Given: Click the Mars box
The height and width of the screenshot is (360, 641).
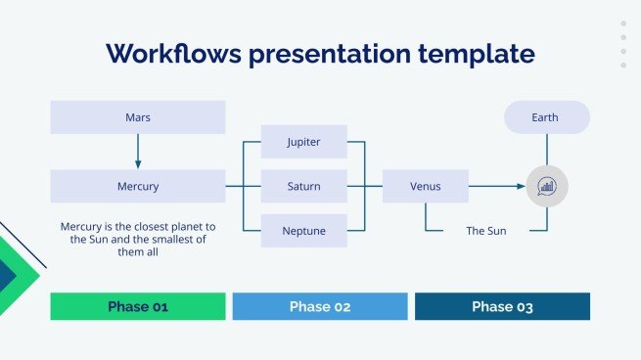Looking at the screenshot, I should [x=138, y=117].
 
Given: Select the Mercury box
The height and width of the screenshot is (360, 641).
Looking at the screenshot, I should [x=138, y=186].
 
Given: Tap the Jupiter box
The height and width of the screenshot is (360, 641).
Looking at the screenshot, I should [x=303, y=142].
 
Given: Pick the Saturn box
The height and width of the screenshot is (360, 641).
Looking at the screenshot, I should [x=303, y=186].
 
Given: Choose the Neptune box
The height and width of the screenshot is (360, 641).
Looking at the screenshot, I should [x=303, y=231].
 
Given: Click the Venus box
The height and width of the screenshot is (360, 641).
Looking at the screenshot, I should [x=425, y=186].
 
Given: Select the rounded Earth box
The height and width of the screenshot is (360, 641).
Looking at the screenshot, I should [x=546, y=117].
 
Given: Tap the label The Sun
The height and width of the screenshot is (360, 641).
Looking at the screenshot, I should [x=485, y=231].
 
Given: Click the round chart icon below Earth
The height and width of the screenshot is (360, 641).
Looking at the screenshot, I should [x=546, y=186].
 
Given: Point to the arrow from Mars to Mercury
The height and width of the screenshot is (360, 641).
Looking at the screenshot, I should [x=138, y=152].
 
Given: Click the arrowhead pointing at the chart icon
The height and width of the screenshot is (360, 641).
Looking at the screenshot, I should [x=521, y=186].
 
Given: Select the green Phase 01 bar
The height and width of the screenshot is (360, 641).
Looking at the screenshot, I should [x=138, y=306].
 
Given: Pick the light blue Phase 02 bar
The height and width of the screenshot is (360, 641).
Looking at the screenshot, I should [x=320, y=306].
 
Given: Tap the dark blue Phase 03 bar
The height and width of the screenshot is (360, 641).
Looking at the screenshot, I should [x=502, y=306].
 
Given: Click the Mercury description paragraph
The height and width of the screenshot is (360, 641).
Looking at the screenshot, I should [x=138, y=239].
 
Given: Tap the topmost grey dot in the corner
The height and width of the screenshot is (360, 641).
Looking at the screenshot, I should [x=623, y=24].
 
